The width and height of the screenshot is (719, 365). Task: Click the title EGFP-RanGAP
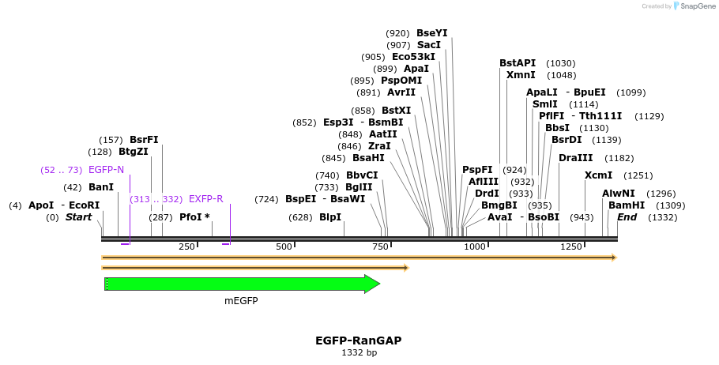coord(359,341)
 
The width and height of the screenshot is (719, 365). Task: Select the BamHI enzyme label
coord(627,205)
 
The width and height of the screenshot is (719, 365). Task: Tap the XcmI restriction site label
coord(598,175)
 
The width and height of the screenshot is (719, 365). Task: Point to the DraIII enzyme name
coord(575,158)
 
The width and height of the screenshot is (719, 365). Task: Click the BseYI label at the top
coord(431,33)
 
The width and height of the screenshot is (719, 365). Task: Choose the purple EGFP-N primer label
coord(106,170)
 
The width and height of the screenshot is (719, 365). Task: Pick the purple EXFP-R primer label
coord(205,199)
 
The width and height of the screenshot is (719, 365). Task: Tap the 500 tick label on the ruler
coord(284,247)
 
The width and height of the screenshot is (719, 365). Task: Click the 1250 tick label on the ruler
coord(571,247)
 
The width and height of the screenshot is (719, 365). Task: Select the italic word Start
coord(78,217)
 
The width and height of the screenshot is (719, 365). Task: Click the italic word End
coord(627,217)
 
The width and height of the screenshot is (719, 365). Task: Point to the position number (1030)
coord(561,63)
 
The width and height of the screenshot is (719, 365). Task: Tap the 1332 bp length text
coord(359,352)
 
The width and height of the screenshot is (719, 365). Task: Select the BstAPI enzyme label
coord(518,63)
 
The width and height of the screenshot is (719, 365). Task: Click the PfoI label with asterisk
coord(194,217)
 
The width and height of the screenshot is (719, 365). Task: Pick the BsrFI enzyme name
coord(144,140)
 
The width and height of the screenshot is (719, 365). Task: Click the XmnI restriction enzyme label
coord(521,75)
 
